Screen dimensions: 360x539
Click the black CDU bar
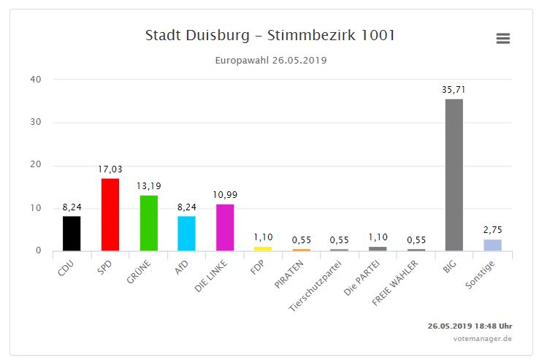[72, 233]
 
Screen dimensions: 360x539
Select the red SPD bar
[110, 215]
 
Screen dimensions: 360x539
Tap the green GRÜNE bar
[148, 223]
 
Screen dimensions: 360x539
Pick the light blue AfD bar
[186, 233]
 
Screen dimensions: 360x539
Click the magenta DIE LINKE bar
[225, 227]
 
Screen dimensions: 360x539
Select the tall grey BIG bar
[454, 175]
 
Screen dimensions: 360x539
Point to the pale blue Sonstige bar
[492, 245]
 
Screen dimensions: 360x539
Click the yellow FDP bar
[263, 248]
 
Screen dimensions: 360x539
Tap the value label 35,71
[454, 90]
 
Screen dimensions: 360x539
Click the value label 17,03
[110, 169]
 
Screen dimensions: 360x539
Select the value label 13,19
[148, 186]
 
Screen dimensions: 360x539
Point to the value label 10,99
[225, 195]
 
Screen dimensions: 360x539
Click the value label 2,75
[492, 230]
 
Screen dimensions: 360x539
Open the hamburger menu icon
[502, 39]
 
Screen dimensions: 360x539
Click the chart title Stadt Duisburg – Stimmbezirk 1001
[270, 36]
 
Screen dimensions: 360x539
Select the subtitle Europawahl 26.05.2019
[270, 60]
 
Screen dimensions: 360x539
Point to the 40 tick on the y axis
[36, 80]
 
